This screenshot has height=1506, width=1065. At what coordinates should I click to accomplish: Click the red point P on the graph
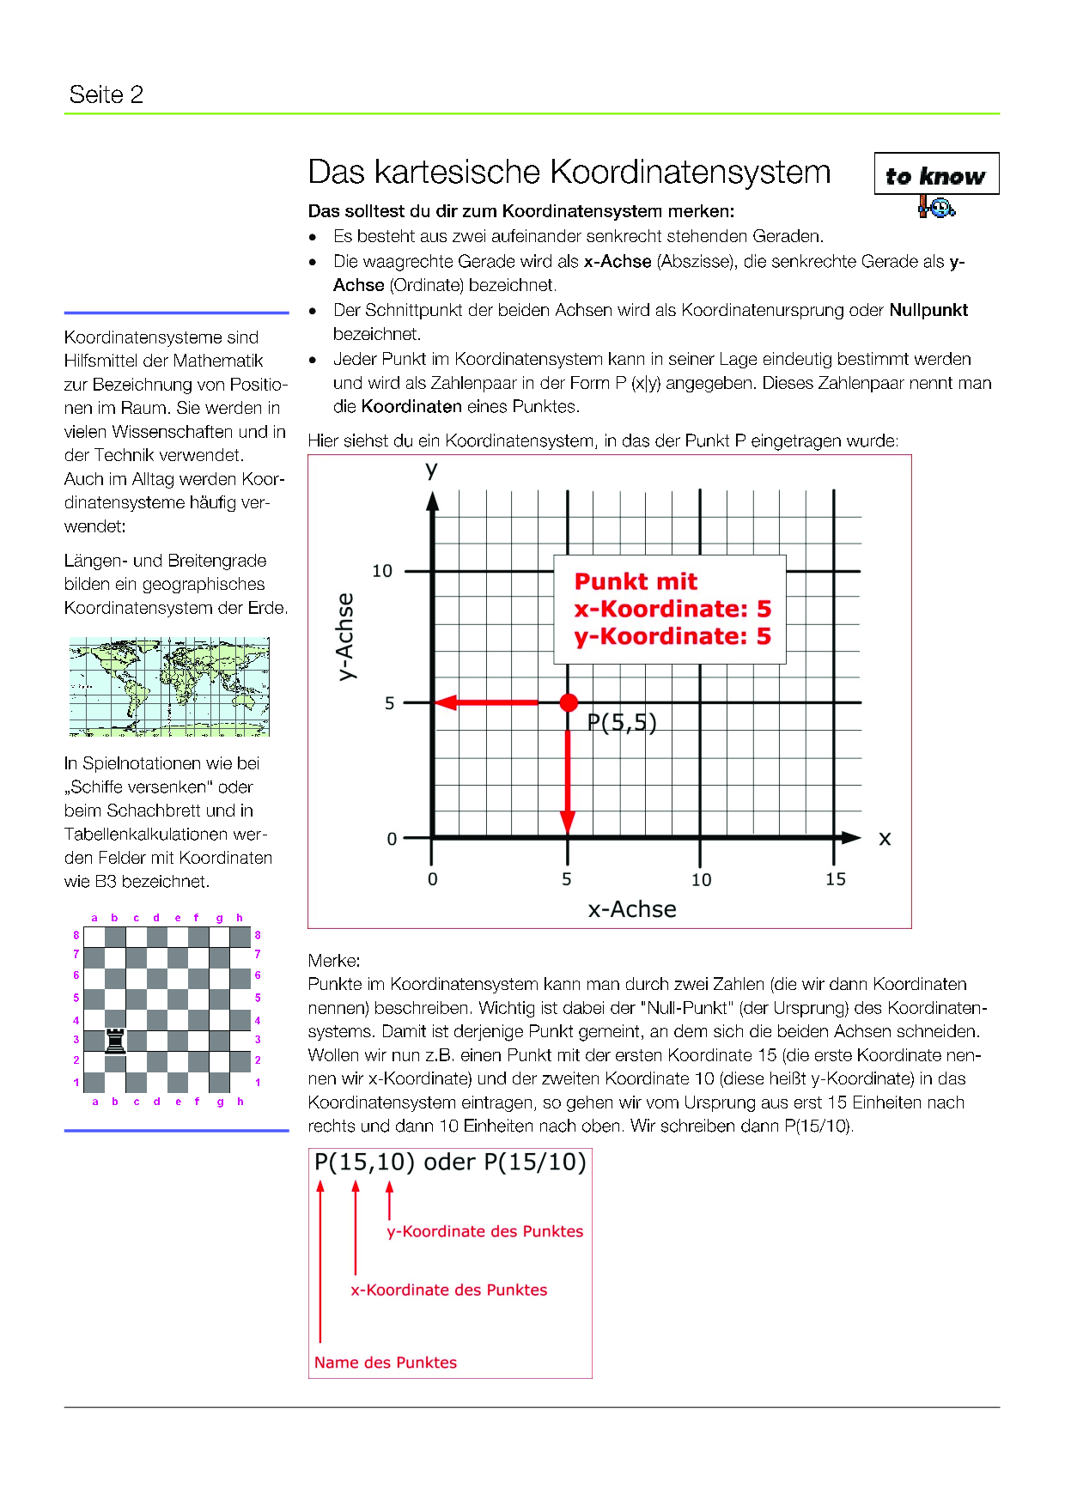pyautogui.click(x=568, y=702)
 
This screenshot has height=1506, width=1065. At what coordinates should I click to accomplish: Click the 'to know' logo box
pyautogui.click(x=936, y=174)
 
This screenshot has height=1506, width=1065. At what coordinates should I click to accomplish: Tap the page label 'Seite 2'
pyautogui.click(x=106, y=94)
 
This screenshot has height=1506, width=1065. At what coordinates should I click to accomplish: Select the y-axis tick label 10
pyautogui.click(x=381, y=571)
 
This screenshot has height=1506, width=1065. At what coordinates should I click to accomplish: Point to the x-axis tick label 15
pyautogui.click(x=835, y=879)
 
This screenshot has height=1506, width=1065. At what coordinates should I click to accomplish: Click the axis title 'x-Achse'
pyautogui.click(x=631, y=909)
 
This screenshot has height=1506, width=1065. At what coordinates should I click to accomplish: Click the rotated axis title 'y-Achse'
pyautogui.click(x=344, y=636)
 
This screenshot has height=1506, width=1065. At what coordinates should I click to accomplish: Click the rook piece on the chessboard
pyautogui.click(x=115, y=1040)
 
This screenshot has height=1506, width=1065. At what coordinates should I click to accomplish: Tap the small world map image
pyautogui.click(x=169, y=687)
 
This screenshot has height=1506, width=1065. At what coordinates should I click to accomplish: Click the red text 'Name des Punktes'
pyautogui.click(x=385, y=1363)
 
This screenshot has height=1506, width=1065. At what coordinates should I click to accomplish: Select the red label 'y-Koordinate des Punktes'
pyautogui.click(x=484, y=1231)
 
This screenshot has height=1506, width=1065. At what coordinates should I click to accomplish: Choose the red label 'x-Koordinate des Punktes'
pyautogui.click(x=448, y=1290)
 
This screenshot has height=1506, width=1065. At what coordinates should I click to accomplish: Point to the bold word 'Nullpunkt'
pyautogui.click(x=928, y=310)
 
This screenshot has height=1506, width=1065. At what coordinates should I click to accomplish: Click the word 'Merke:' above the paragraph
pyautogui.click(x=334, y=960)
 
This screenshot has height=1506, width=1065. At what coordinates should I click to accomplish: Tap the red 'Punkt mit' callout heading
pyautogui.click(x=636, y=581)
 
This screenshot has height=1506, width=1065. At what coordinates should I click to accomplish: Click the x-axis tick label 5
pyautogui.click(x=567, y=879)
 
